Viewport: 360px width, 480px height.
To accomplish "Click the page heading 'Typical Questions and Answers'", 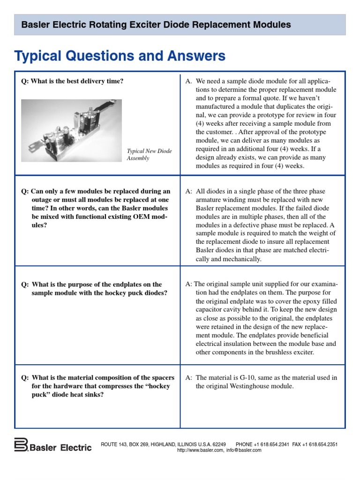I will (120, 56).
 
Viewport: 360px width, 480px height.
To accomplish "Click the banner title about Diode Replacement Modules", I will (153, 25).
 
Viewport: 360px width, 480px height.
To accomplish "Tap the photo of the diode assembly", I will (72, 130).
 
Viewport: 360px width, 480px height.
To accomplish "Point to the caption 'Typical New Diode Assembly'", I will (150, 154).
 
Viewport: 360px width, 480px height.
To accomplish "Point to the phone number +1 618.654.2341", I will (272, 444).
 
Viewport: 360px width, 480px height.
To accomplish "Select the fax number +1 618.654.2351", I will (321, 444).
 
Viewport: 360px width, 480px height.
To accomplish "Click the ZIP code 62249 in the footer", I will (218, 444).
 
